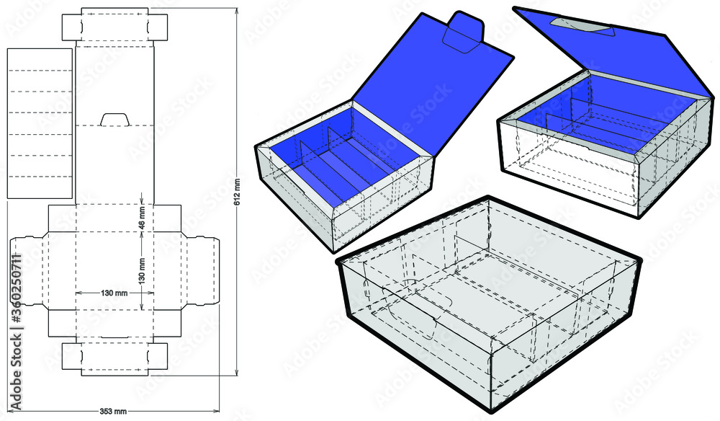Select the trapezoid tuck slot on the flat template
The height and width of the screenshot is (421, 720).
(114, 119)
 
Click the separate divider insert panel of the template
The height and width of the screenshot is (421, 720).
(40, 123)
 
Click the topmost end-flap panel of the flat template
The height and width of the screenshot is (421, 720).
(114, 26)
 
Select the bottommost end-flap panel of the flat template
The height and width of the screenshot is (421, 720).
(114, 358)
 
